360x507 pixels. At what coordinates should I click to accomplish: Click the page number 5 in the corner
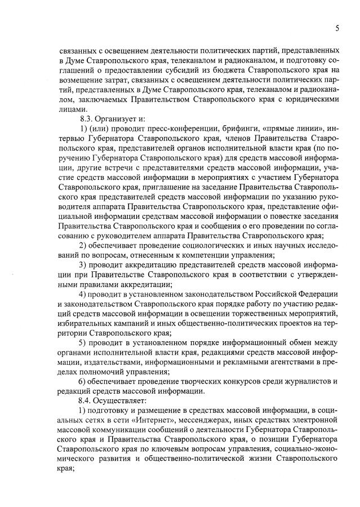pos(336,28)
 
